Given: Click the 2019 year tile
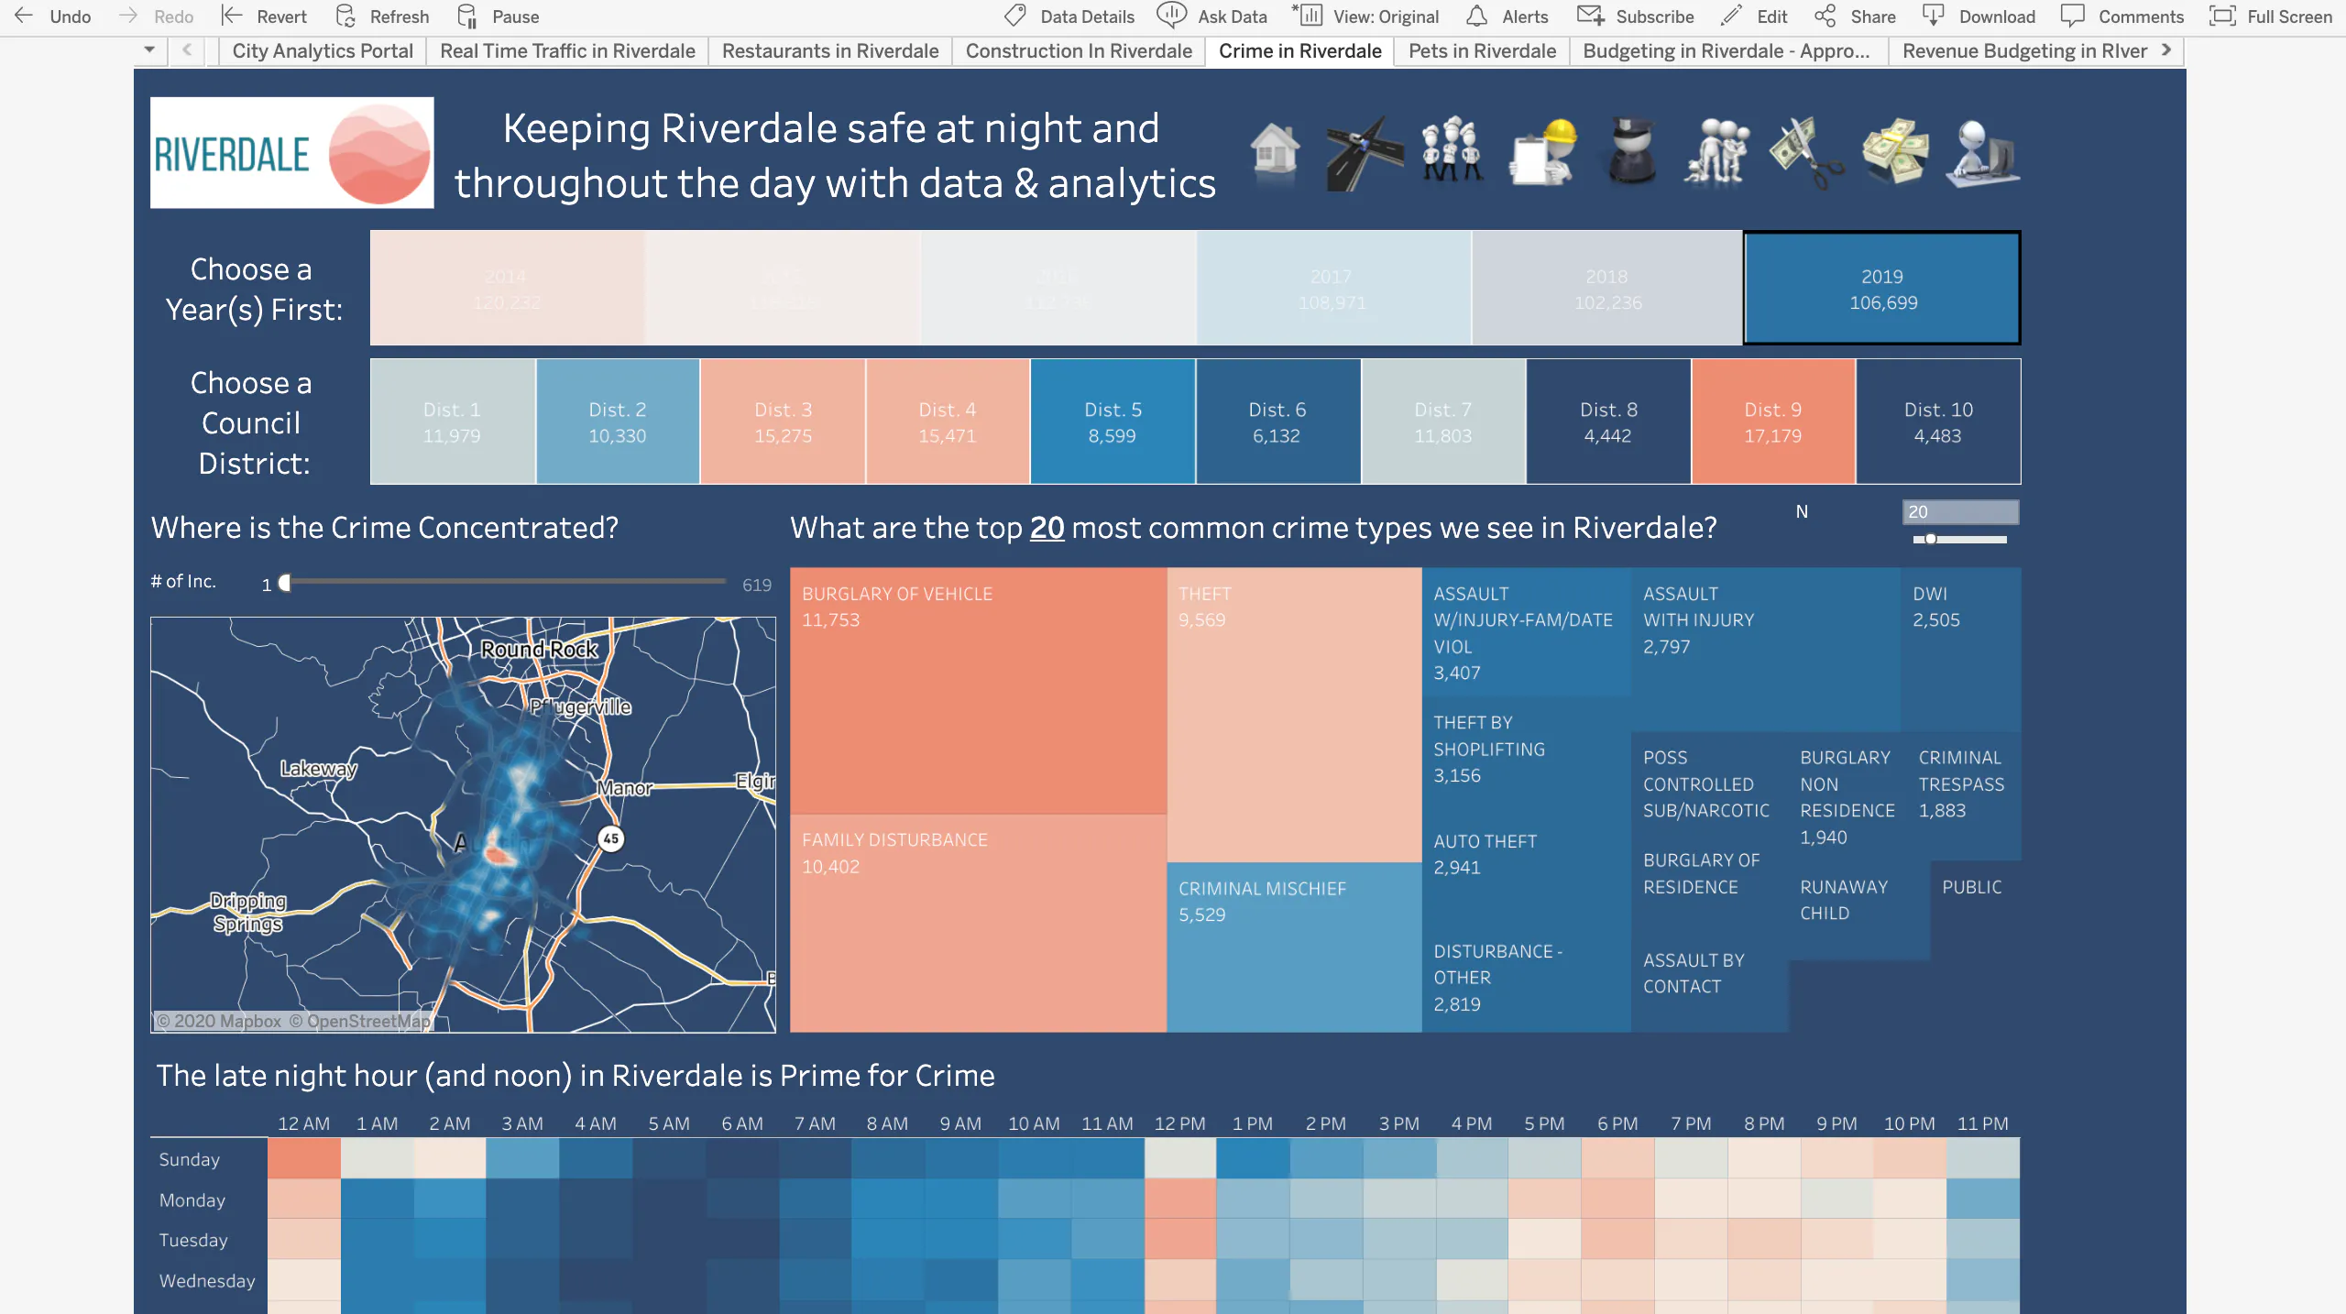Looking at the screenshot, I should (1882, 289).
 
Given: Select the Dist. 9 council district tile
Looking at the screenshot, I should (1772, 422).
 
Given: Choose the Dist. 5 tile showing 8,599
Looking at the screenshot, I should (1113, 422).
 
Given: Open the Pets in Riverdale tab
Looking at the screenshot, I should (1482, 51).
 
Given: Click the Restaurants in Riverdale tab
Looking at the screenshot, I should (829, 51).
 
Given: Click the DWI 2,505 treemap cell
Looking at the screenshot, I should (1959, 641).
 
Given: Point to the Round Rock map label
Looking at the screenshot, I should (539, 650).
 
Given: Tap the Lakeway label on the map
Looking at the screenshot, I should (318, 769).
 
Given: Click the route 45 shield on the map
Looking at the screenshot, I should (611, 838).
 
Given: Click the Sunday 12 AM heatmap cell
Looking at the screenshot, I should (304, 1159).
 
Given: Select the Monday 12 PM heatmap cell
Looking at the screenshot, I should (1180, 1199).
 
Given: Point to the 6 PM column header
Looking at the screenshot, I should (1617, 1123).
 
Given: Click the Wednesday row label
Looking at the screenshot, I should (207, 1281).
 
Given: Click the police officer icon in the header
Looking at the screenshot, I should (1632, 151).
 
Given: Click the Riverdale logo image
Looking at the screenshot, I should (291, 153).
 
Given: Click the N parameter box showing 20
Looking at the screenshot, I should (1959, 512).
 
